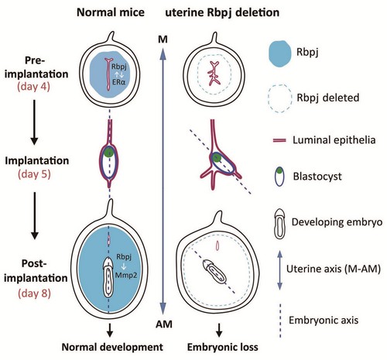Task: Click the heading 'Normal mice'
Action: [111, 12]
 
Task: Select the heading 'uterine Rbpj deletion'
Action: [222, 12]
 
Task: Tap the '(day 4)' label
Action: [34, 87]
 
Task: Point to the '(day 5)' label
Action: [34, 174]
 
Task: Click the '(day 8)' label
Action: [35, 293]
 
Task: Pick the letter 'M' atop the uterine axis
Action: [163, 39]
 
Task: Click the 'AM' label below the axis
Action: [164, 324]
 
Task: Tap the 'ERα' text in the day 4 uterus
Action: [118, 83]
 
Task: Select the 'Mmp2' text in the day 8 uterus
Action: [126, 275]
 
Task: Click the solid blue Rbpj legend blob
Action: [279, 53]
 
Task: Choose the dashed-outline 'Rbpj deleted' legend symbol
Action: [280, 98]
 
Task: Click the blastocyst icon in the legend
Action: [279, 177]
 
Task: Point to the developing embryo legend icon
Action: [279, 224]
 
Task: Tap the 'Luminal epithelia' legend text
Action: [334, 140]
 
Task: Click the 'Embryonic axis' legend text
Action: [324, 321]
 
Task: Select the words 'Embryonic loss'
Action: [222, 347]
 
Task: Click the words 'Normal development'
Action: [112, 347]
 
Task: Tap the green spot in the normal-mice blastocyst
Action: [109, 152]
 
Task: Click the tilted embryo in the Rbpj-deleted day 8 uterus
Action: [214, 271]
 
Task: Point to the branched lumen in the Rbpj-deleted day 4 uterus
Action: [214, 74]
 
